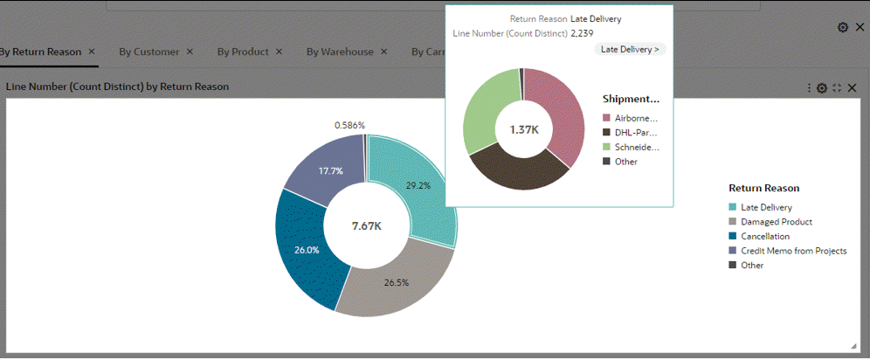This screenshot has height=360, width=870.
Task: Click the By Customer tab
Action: pos(149,52)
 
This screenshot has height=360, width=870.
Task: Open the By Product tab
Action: pos(243,52)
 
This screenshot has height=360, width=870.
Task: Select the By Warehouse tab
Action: pos(340,52)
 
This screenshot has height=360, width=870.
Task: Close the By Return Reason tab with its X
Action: pos(92,52)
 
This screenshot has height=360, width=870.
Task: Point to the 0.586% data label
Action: pos(349,126)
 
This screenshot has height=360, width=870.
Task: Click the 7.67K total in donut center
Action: pos(367,225)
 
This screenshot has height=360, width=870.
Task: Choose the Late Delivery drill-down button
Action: pos(631,49)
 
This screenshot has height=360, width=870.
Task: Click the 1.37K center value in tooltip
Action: pos(523,130)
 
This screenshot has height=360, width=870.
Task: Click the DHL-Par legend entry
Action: pos(636,132)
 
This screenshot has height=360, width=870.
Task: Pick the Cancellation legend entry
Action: pos(764,236)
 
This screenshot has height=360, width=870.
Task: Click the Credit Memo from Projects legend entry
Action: pos(793,251)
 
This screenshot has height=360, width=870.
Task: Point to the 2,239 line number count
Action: pos(582,33)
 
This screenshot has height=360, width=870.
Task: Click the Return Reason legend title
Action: pos(763,188)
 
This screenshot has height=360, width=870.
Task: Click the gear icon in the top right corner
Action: pos(843,27)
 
